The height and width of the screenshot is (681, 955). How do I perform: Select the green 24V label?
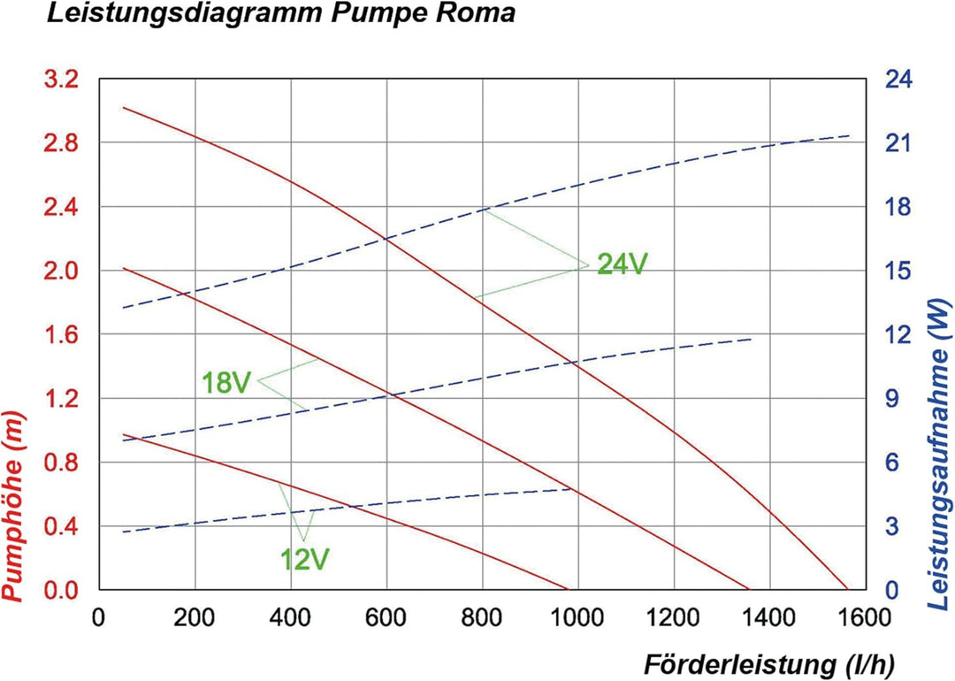click(623, 264)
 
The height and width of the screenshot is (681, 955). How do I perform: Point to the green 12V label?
click(305, 559)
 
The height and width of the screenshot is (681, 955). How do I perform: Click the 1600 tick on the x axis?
click(865, 616)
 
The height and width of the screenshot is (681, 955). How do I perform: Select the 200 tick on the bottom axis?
click(195, 616)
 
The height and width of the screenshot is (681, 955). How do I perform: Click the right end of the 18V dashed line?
click(752, 339)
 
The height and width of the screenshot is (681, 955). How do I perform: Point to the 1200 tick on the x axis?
click(674, 616)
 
